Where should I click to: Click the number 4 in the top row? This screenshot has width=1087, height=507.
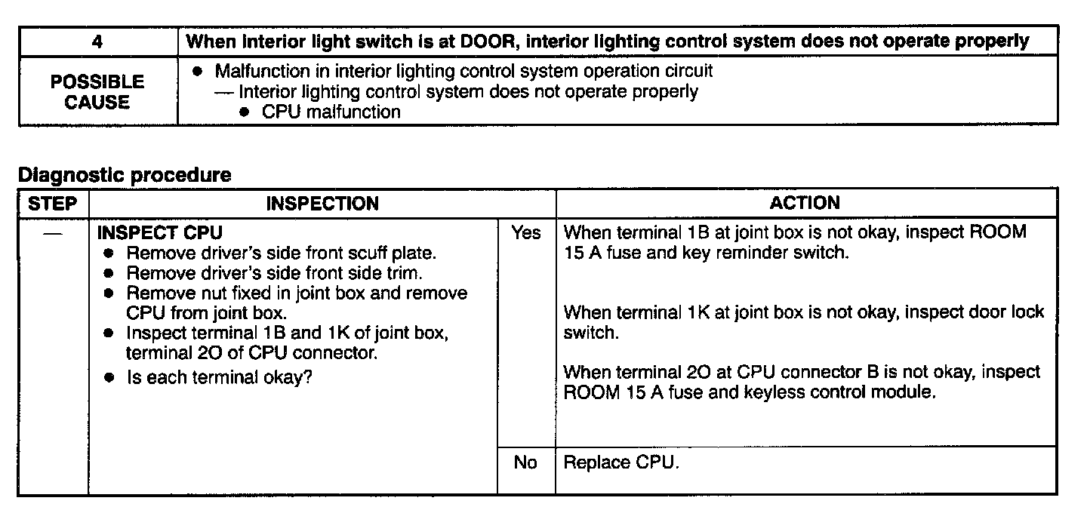97,41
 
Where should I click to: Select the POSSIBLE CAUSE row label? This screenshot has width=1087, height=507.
97,92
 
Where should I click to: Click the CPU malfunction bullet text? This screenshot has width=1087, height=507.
331,112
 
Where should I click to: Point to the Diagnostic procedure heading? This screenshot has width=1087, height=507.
125,176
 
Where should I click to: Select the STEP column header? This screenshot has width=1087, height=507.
53,203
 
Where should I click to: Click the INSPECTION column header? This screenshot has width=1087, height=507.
322,203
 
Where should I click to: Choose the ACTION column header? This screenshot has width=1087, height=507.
805,203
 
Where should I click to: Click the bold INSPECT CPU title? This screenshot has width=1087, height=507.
160,232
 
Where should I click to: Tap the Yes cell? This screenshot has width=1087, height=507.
526,233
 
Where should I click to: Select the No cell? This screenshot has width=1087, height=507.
525,462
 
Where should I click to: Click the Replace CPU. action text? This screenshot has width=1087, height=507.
621,462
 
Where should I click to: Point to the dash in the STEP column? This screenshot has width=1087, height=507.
53,233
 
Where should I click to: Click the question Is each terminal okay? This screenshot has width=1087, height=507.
220,377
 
